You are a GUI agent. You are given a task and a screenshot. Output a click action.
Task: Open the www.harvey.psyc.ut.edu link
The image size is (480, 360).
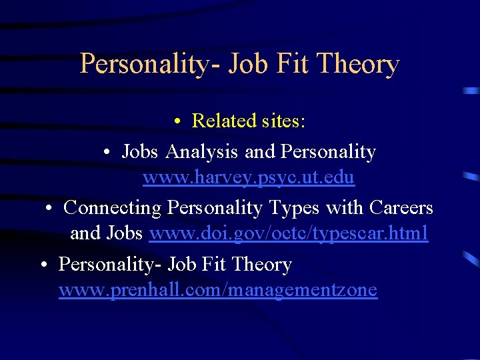pyautogui.click(x=248, y=178)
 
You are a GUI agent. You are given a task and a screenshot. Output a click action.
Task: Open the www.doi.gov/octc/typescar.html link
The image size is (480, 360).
pyautogui.click(x=289, y=233)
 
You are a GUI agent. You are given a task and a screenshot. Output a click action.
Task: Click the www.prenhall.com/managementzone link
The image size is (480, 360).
pyautogui.click(x=217, y=290)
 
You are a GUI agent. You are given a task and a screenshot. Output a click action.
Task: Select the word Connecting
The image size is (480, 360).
pyautogui.click(x=113, y=208)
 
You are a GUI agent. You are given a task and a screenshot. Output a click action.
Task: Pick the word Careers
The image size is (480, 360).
pyautogui.click(x=399, y=208)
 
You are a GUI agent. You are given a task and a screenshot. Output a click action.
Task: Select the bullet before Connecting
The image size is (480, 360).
pyautogui.click(x=49, y=209)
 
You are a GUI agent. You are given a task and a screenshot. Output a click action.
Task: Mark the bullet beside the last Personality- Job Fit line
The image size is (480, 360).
pyautogui.click(x=43, y=265)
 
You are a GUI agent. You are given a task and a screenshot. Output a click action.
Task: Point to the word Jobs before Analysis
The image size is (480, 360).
pyautogui.click(x=139, y=152)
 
